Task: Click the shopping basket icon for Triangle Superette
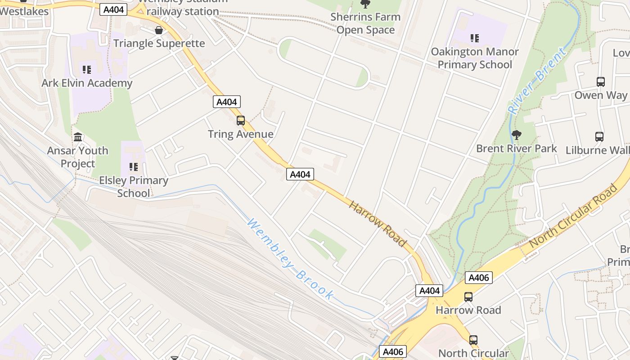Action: point(158,31)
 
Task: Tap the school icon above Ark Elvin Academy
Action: point(87,70)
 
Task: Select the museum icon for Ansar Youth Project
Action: point(78,137)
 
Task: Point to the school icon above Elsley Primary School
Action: point(134,167)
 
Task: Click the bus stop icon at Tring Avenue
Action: point(241,121)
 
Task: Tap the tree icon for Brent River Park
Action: point(517,135)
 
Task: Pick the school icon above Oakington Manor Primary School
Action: point(475,38)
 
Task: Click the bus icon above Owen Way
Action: point(601,82)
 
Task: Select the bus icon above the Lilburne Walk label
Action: point(599,137)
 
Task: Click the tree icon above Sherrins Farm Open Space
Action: point(365,4)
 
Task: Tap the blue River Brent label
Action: point(536,81)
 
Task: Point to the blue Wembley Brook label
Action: point(290,259)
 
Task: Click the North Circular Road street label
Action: point(573,216)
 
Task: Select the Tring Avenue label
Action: point(241,134)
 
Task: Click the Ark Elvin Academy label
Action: point(87,83)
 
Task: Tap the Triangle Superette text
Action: point(159,44)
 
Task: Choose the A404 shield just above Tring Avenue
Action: point(226,102)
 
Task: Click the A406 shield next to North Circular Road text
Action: point(479,278)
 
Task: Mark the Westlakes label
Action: point(23,11)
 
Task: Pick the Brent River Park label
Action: point(517,148)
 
